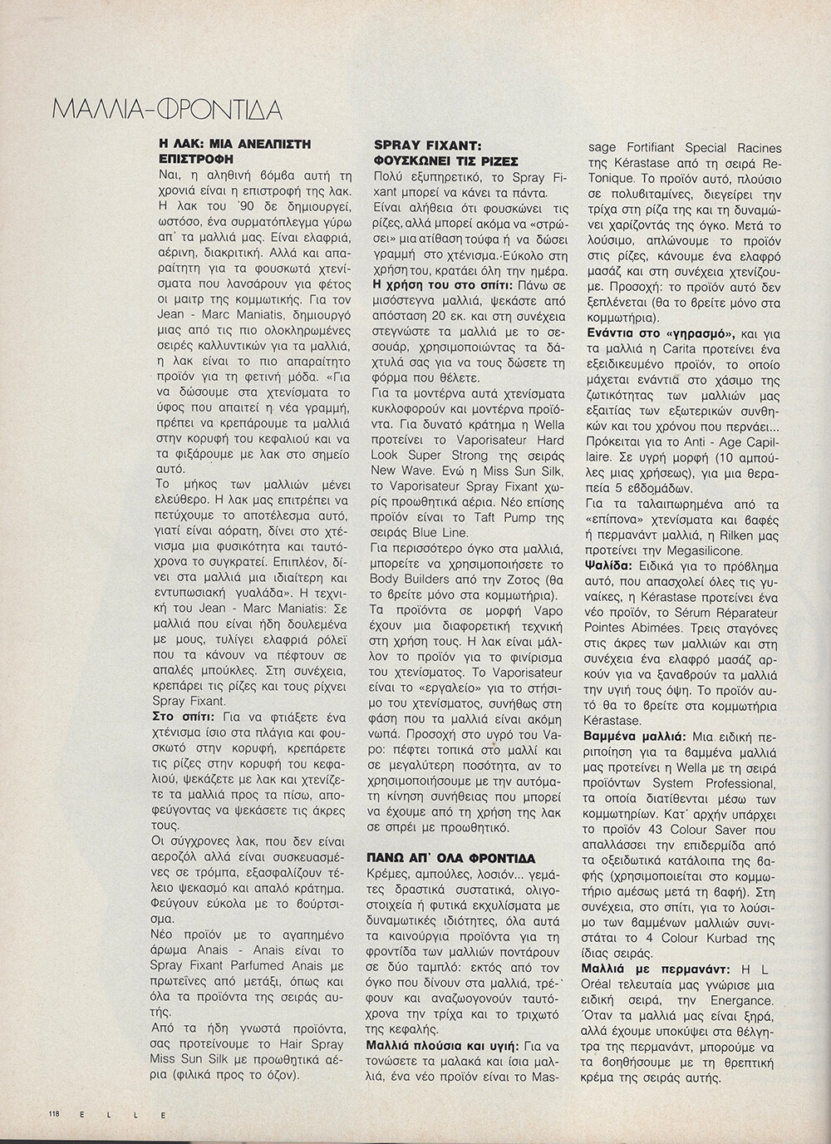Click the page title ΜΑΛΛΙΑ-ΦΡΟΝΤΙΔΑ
pyautogui.click(x=165, y=110)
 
